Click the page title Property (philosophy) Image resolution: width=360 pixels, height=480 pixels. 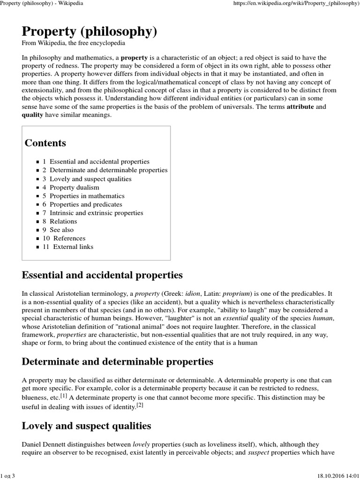point(90,31)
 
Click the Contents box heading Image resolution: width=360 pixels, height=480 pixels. point(45,143)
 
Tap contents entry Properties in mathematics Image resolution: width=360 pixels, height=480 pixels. point(87,196)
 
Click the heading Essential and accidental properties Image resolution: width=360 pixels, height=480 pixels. point(102,275)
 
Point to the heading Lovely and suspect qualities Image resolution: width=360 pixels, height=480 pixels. point(86,426)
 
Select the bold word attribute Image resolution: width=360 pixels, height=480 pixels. point(300,107)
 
